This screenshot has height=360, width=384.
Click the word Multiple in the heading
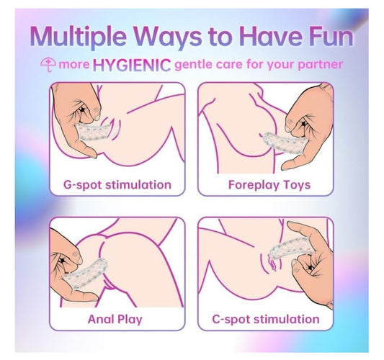pyautogui.click(x=79, y=37)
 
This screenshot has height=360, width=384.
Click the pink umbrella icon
pyautogui.click(x=48, y=65)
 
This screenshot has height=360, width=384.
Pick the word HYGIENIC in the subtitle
pyautogui.click(x=132, y=65)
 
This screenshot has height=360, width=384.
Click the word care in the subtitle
pyautogui.click(x=230, y=65)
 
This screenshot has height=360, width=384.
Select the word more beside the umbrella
pyautogui.click(x=74, y=65)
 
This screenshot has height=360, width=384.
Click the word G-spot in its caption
pyautogui.click(x=82, y=185)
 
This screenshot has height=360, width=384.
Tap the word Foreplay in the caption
pyautogui.click(x=253, y=185)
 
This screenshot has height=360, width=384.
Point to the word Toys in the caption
pyautogui.click(x=297, y=185)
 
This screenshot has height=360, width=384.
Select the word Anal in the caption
pyautogui.click(x=100, y=319)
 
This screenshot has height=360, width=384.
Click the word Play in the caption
pyautogui.click(x=130, y=320)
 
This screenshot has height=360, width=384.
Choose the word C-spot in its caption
pyautogui.click(x=231, y=320)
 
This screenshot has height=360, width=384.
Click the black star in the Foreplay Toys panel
pyautogui.click(x=303, y=124)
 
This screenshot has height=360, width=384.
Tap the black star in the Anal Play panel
pyautogui.click(x=62, y=261)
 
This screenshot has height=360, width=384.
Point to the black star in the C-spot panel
pyautogui.click(x=311, y=267)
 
